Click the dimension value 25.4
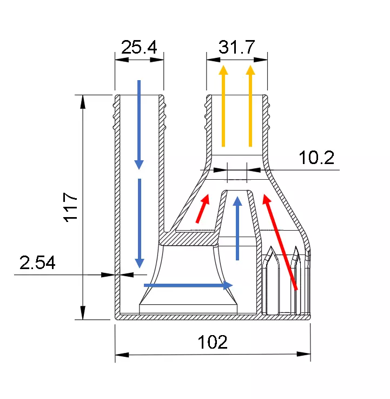138,47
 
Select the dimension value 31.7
236,47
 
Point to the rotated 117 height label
71,206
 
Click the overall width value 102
212,342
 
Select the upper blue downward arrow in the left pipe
139,124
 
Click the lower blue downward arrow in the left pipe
140,223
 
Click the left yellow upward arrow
223,106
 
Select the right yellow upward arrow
250,106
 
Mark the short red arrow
202,209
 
